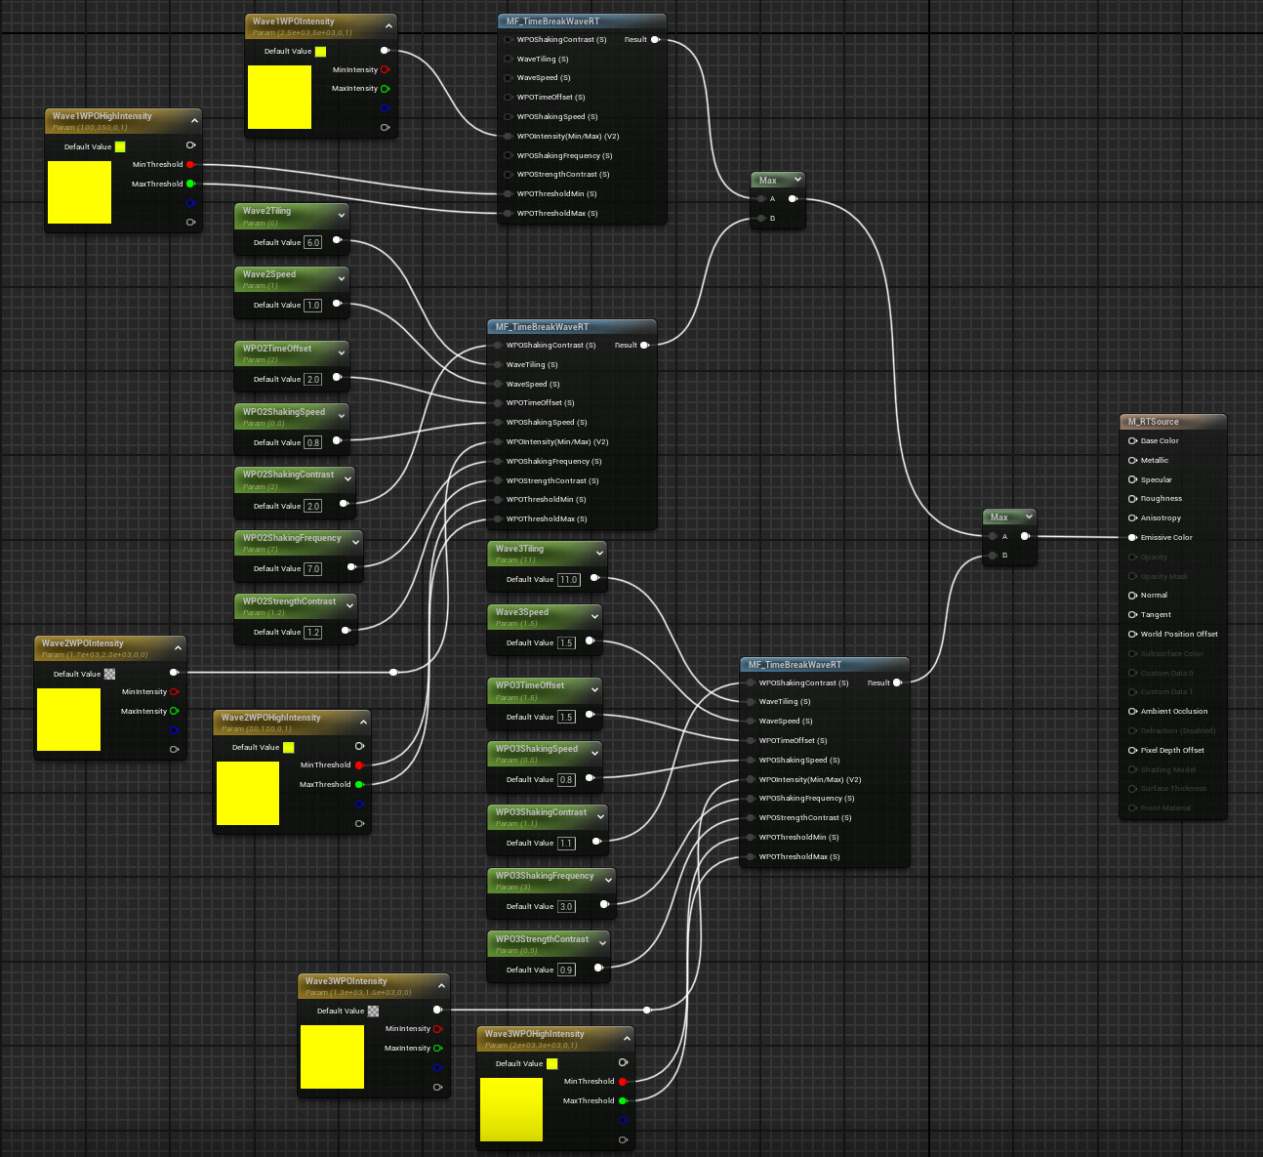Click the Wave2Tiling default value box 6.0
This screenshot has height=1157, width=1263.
312,242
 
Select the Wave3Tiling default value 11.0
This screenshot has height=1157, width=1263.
569,580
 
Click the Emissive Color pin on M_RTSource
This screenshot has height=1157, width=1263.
1132,537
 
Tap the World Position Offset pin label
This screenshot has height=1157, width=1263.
1178,634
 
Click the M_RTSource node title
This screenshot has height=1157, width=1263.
1154,422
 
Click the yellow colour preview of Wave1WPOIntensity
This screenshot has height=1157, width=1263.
279,97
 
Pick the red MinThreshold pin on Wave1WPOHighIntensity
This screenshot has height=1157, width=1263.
189,165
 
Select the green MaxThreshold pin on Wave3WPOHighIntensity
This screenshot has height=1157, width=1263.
622,1100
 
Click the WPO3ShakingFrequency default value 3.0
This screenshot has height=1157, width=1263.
566,907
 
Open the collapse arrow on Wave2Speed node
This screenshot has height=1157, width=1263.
342,278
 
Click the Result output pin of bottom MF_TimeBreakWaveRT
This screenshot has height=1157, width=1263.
896,682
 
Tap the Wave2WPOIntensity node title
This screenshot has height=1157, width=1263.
83,643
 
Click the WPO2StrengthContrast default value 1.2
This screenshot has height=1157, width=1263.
312,633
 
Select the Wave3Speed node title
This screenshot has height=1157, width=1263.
522,612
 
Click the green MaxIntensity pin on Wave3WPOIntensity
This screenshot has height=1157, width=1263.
437,1048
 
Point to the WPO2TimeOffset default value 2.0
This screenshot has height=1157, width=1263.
312,380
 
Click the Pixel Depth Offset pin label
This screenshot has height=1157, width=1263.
1171,750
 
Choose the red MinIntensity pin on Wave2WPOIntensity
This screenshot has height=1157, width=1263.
174,692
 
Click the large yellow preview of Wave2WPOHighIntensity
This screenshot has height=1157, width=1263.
248,793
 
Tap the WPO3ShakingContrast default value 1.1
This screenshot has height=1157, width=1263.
566,844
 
